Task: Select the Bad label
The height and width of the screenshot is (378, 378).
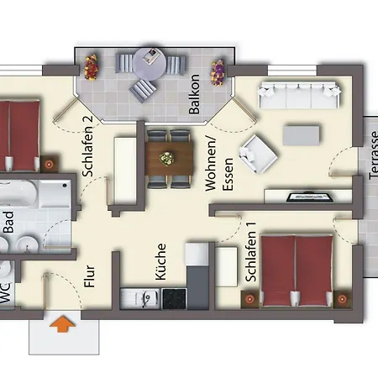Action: (8, 220)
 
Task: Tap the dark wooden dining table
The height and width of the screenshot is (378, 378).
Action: (168, 158)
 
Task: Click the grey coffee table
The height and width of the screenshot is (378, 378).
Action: (301, 134)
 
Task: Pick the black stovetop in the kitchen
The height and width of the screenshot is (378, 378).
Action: (174, 297)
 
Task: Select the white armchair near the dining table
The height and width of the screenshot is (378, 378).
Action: (256, 154)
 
